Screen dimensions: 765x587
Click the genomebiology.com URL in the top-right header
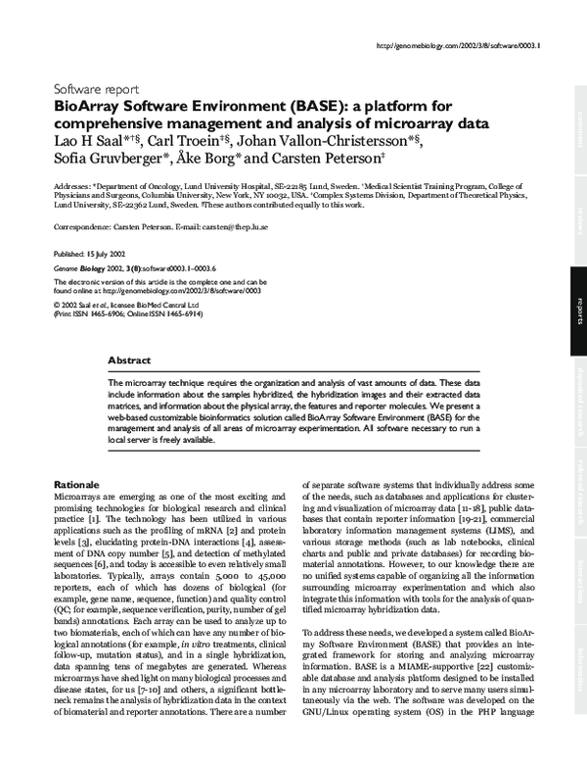(x=459, y=46)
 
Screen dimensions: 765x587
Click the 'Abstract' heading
(x=129, y=360)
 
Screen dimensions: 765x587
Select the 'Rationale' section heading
(x=74, y=485)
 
